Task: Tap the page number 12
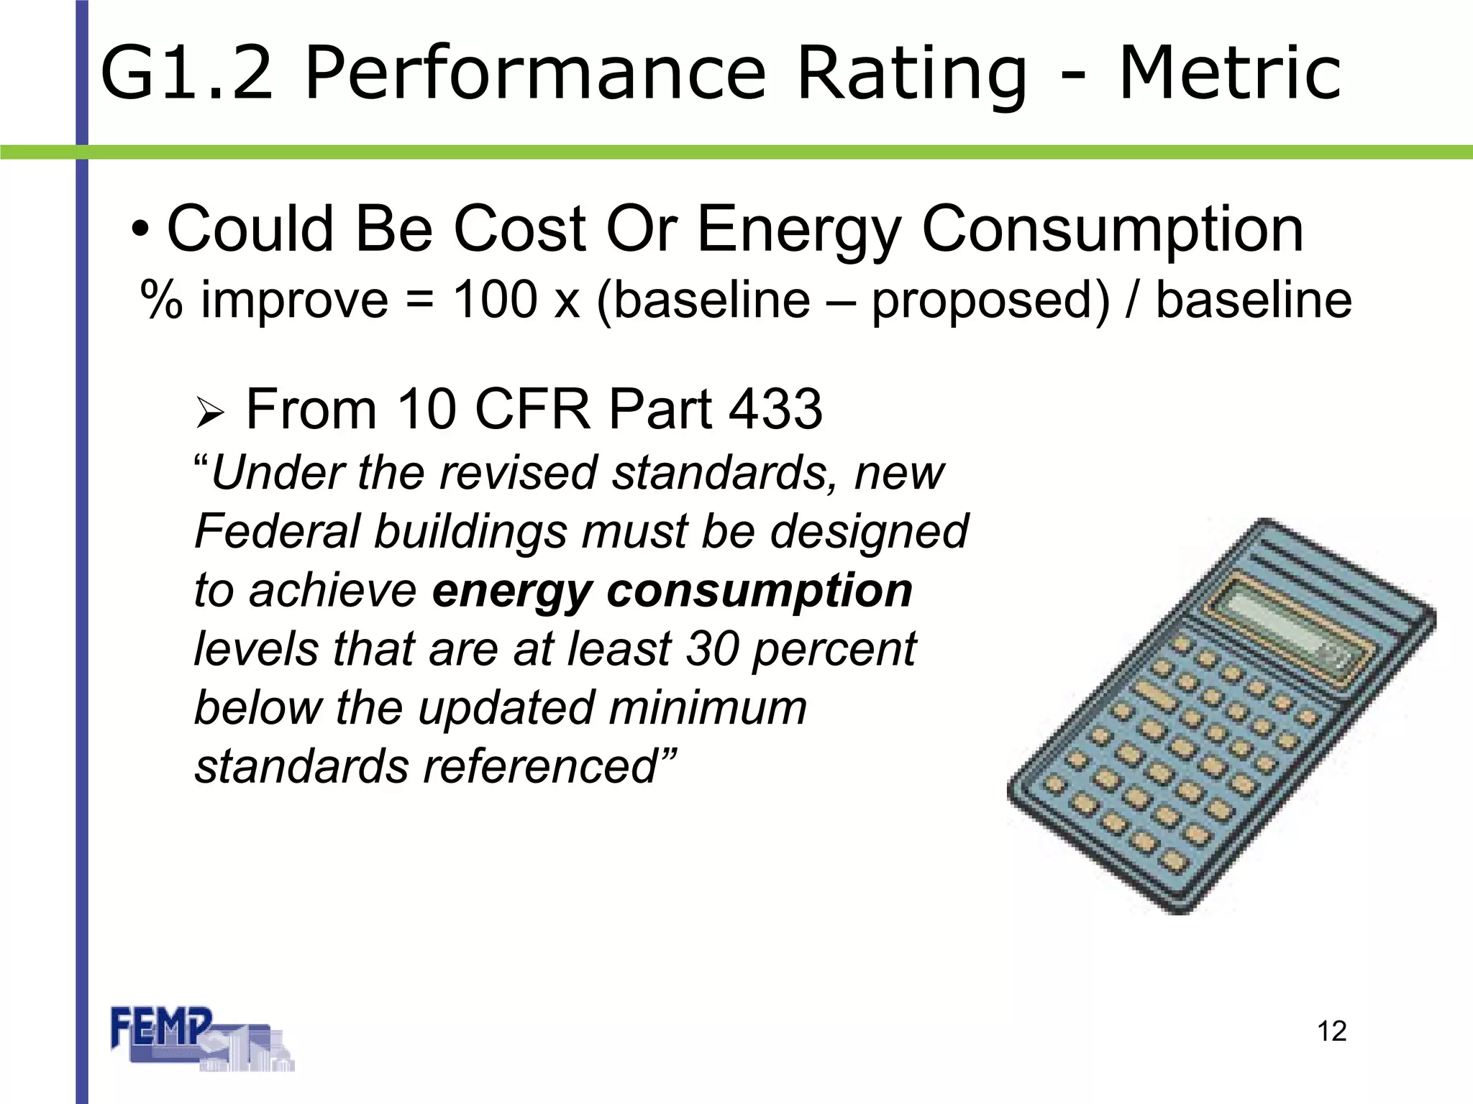1331,1031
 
